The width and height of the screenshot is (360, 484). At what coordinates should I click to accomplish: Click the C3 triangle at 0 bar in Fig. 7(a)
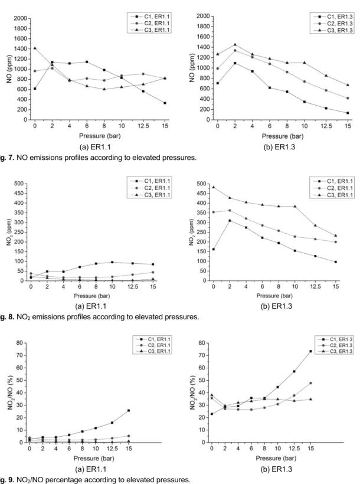[x=35, y=48]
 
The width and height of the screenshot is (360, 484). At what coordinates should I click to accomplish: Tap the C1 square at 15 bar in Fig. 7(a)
[x=165, y=103]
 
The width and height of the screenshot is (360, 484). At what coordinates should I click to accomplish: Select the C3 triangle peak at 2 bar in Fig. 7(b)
[x=235, y=45]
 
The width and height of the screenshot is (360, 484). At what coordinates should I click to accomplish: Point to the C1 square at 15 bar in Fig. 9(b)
[x=310, y=351]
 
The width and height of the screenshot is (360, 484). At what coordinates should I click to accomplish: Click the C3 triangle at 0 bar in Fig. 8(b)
[x=214, y=187]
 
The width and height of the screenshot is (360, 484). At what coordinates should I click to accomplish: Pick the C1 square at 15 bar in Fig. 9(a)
[x=129, y=411]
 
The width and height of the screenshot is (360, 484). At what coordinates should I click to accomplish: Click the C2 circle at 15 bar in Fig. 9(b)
[x=310, y=383]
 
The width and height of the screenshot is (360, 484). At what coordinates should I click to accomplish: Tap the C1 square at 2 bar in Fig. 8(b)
[x=230, y=221]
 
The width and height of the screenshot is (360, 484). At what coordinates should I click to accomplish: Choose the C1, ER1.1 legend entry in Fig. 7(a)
[x=149, y=17]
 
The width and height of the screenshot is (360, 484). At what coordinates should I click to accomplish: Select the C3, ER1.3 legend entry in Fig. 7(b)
[x=332, y=30]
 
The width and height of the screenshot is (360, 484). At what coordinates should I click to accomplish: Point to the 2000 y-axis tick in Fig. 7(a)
[x=21, y=18]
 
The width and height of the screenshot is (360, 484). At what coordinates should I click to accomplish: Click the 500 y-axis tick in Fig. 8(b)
[x=202, y=184]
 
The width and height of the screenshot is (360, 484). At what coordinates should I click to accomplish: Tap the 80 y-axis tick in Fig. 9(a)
[x=19, y=342]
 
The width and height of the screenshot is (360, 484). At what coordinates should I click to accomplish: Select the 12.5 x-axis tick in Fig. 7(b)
[x=326, y=126]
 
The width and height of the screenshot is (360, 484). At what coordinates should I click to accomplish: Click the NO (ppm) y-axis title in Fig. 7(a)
[x=9, y=69]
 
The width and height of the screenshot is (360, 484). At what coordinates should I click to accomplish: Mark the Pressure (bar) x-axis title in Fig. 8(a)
[x=91, y=296]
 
